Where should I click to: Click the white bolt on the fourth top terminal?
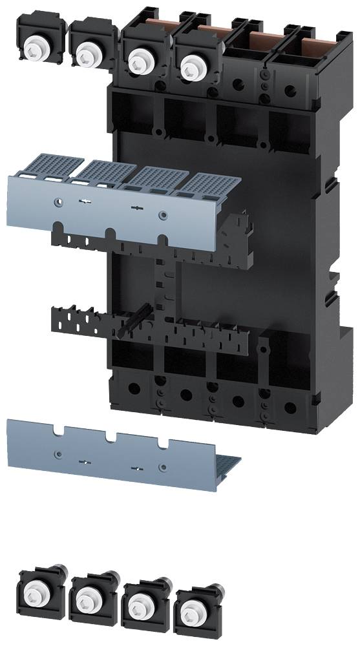tap(190, 65)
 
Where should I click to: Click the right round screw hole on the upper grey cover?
tap(162, 214)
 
